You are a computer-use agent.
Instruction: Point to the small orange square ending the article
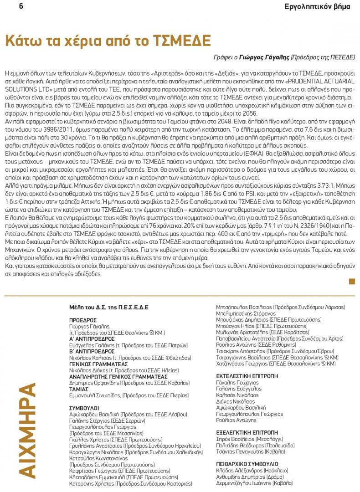pos(352,281)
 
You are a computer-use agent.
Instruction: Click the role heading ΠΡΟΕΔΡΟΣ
pos(83,320)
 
